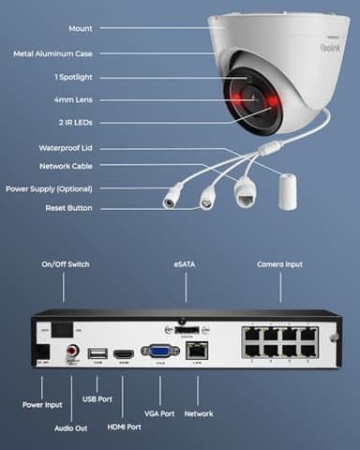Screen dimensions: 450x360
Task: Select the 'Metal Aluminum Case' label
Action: pyautogui.click(x=53, y=52)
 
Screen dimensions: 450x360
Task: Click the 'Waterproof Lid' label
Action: pyautogui.click(x=66, y=147)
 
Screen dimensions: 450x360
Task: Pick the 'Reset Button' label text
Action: pyautogui.click(x=68, y=207)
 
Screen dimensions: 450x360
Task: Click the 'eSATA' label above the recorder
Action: pyautogui.click(x=184, y=264)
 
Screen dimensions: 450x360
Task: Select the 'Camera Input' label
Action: pyautogui.click(x=280, y=264)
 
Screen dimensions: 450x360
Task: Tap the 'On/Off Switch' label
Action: pyautogui.click(x=65, y=264)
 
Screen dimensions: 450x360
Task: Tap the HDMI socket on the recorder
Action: pyautogui.click(x=124, y=353)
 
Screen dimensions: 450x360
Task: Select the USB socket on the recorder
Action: pyautogui.click(x=97, y=353)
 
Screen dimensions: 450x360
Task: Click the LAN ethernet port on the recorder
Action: pyautogui.click(x=198, y=352)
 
